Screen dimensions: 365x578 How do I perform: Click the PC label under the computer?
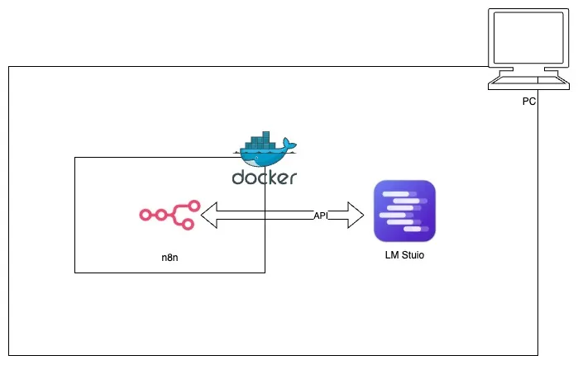point(529,102)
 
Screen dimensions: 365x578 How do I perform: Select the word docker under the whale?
point(264,178)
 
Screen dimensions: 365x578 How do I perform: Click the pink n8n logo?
point(170,215)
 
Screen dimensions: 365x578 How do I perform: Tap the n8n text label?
point(170,258)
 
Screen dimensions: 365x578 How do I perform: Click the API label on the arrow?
point(321,216)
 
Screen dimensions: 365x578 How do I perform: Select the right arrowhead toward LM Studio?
point(354,216)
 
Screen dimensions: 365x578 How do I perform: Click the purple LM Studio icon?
point(404,211)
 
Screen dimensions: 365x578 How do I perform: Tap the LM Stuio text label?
point(404,255)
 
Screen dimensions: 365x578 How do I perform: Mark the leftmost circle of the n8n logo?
point(144,216)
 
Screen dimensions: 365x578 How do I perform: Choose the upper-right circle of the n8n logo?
point(195,206)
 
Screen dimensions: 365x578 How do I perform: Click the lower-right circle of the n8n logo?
point(189,224)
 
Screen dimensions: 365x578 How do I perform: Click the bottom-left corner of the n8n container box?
point(75,273)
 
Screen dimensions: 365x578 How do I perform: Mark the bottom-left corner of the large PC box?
point(9,355)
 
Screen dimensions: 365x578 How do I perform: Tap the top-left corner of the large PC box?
point(9,67)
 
